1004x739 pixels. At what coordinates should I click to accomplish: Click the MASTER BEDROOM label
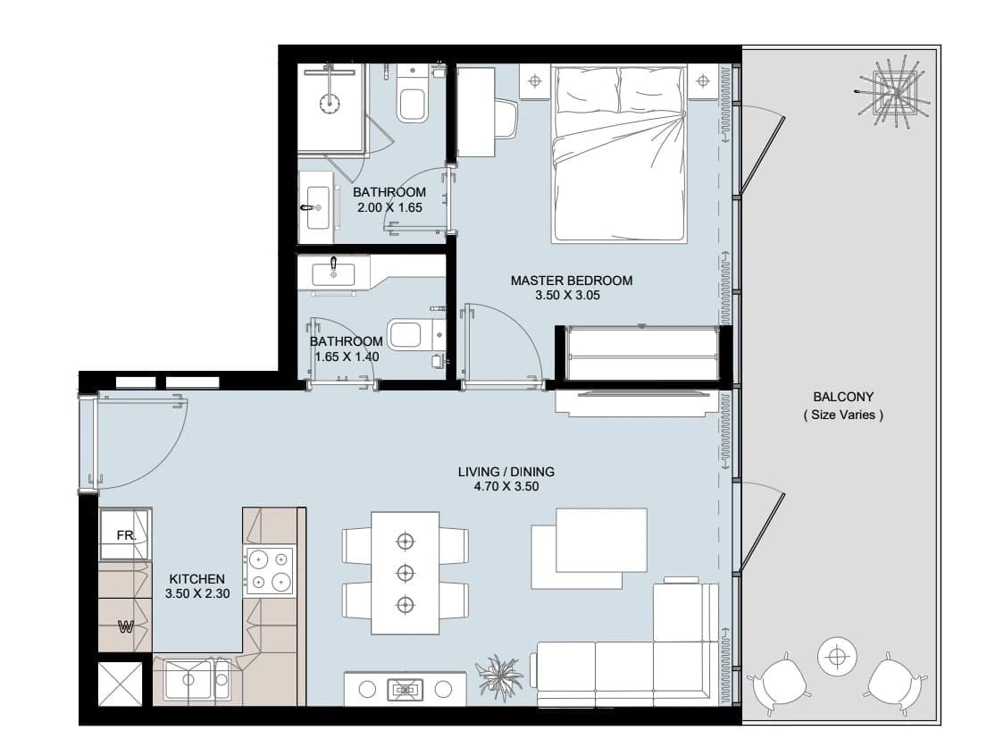click(571, 281)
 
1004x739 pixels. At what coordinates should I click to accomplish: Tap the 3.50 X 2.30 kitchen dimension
click(197, 593)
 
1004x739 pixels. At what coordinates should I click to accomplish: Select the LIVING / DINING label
click(506, 472)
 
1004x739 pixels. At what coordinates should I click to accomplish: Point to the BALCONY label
click(843, 397)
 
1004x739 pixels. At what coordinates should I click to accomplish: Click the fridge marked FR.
click(125, 534)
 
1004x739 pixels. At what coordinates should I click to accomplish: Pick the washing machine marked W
click(125, 626)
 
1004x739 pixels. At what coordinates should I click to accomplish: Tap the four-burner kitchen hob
click(270, 571)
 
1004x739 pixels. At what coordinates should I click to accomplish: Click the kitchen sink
click(197, 679)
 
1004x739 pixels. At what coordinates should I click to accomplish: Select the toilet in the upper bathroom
click(411, 95)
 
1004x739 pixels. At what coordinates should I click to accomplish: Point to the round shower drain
click(329, 103)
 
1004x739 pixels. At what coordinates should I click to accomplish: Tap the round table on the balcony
click(836, 657)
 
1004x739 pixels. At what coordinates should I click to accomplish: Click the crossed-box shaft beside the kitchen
click(121, 684)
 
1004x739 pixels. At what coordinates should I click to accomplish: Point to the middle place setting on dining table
click(405, 572)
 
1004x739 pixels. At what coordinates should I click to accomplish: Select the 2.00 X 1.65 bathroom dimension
click(389, 207)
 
